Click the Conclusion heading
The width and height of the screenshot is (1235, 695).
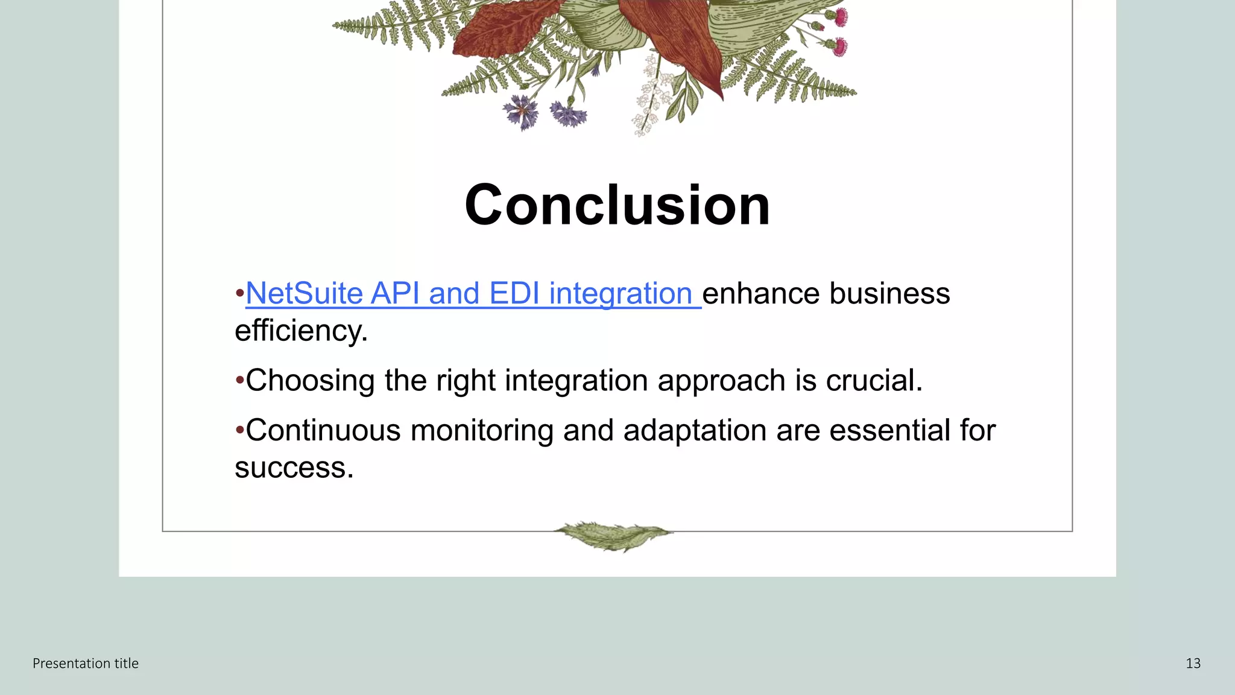point(617,205)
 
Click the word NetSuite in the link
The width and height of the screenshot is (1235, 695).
point(304,294)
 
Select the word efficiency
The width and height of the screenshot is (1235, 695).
point(300,331)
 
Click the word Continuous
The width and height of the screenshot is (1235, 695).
point(323,431)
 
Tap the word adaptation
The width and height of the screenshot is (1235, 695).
point(695,431)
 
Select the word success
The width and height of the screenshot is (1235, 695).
point(293,468)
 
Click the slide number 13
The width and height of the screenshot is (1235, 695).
point(1193,664)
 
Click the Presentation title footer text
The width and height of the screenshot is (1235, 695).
point(86,664)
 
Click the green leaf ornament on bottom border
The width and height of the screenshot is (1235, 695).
point(613,535)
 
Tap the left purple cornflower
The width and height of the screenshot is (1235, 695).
point(520,112)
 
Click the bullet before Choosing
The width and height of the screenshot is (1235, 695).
point(239,381)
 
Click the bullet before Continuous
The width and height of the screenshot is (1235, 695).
point(239,431)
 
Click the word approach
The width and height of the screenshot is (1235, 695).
point(721,381)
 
